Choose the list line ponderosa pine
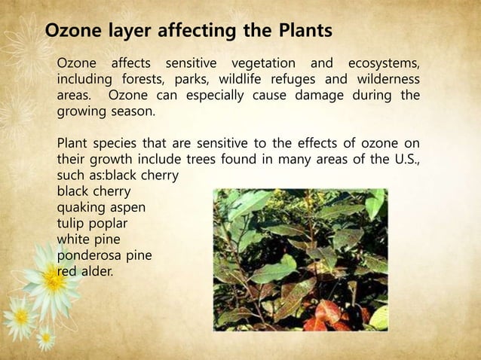point(105,255)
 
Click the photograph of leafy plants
point(300,259)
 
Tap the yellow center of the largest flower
point(54,280)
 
